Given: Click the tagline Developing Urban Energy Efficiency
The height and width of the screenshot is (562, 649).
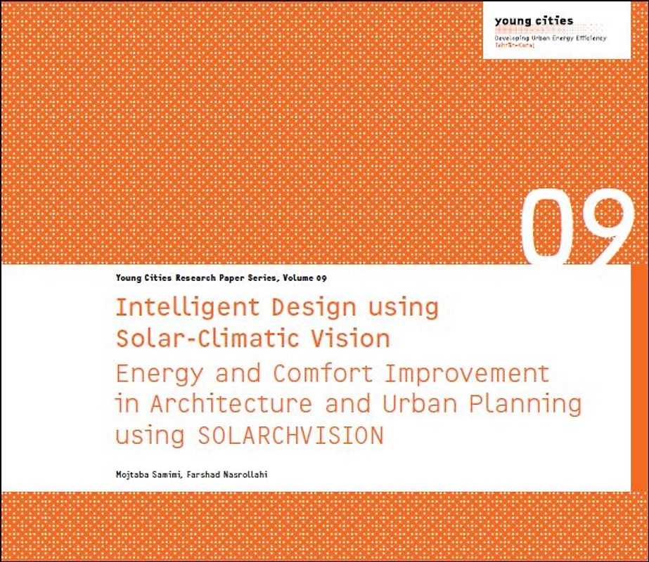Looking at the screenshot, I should pos(551,37).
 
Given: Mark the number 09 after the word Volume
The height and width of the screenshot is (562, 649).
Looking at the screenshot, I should pos(321,278).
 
